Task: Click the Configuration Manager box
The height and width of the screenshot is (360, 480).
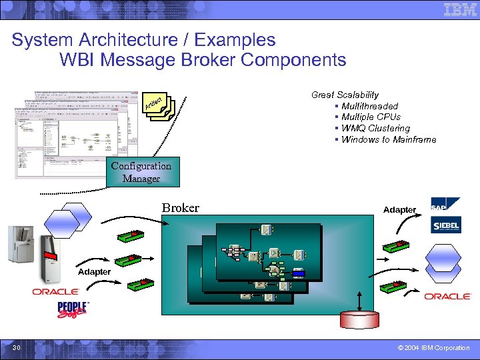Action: [141, 172]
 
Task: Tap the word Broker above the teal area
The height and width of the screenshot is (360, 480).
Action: [181, 208]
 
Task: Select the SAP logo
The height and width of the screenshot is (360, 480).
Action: [445, 204]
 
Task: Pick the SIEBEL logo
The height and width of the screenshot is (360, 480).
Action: [445, 225]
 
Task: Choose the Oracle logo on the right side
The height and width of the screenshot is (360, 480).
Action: [447, 296]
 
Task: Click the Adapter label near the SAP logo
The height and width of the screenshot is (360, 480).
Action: [399, 210]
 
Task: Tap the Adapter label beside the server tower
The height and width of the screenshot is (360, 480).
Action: [94, 272]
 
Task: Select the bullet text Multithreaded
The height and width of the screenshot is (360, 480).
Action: [369, 106]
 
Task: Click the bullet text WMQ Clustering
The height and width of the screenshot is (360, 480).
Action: [375, 128]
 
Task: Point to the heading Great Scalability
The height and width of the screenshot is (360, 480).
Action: [345, 95]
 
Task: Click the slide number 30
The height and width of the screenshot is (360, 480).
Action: [16, 348]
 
